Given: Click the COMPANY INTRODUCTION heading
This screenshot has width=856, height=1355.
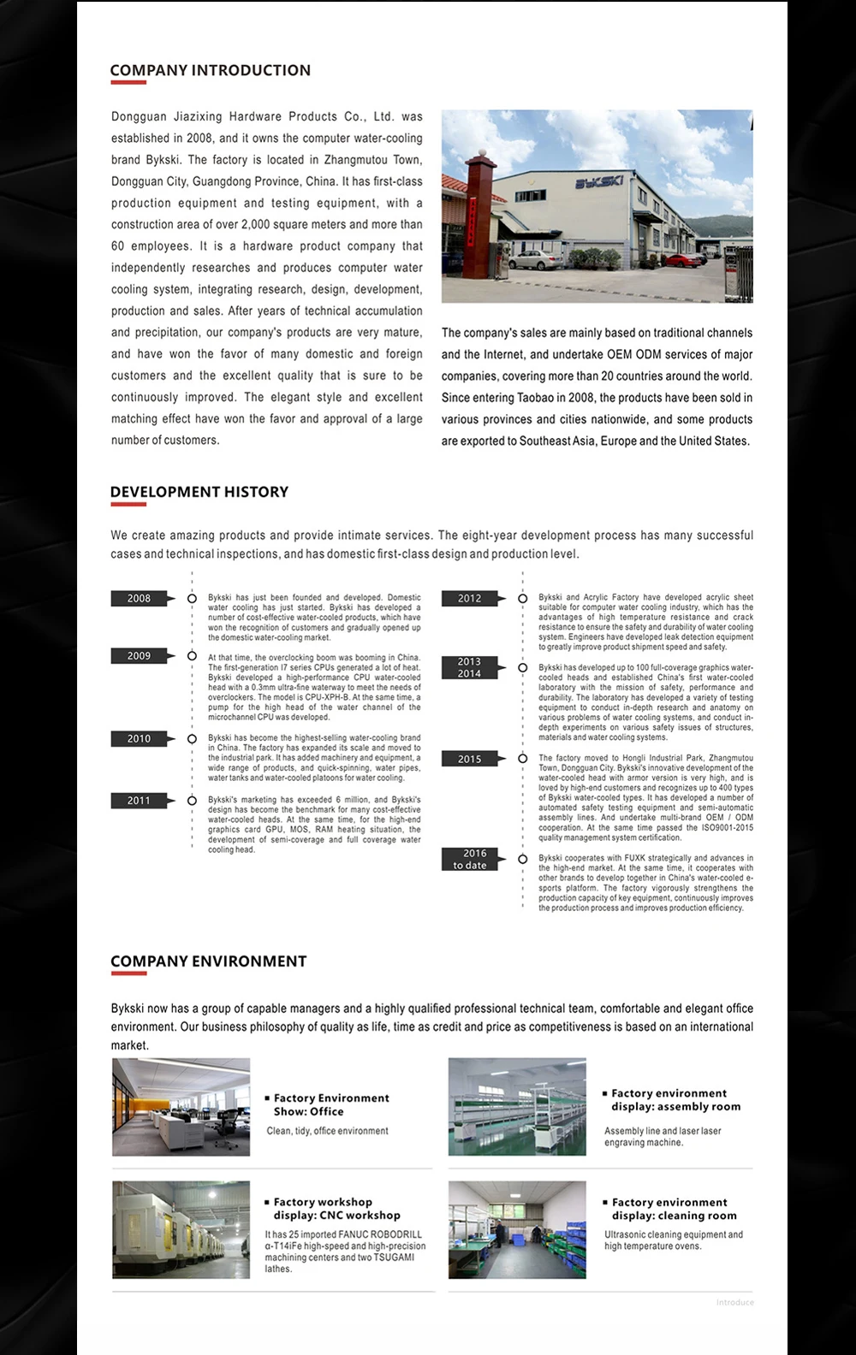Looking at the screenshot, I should (x=210, y=70).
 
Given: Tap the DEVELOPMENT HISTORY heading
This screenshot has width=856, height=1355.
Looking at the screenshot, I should (x=199, y=492).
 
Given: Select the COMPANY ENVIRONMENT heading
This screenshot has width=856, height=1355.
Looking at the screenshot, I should (x=208, y=962).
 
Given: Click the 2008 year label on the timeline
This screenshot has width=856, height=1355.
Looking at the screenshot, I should (x=139, y=599).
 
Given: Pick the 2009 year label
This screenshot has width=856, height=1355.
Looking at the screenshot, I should (x=139, y=656).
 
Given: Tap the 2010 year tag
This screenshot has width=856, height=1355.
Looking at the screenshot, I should (x=139, y=739).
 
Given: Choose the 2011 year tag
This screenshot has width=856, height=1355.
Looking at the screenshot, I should (x=139, y=801).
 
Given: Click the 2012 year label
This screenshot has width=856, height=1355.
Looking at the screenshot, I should (x=469, y=599).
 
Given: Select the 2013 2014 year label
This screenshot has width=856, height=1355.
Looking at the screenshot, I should (x=469, y=668).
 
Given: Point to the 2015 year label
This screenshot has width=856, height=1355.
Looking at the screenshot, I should (x=469, y=759).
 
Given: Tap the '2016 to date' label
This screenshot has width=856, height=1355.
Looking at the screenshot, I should (x=469, y=859).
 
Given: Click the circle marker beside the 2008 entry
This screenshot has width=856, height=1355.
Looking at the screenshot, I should (x=192, y=599).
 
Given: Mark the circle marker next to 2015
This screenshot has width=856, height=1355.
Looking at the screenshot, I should (x=522, y=759).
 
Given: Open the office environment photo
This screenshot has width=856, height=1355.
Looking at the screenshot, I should (x=181, y=1107).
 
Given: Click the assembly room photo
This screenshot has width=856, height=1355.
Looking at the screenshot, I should (x=517, y=1107).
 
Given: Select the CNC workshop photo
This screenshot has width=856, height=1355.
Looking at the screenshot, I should (x=181, y=1230).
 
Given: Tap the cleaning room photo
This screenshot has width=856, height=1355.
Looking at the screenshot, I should (x=517, y=1230).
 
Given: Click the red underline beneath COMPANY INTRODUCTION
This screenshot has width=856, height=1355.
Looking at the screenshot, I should (x=128, y=83).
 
